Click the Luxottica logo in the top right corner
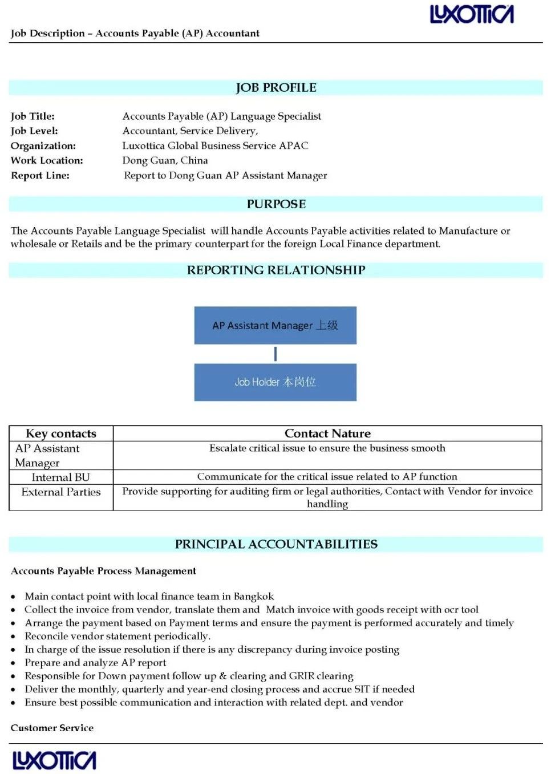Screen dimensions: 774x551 [472, 14]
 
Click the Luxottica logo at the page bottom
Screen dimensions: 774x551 [54, 760]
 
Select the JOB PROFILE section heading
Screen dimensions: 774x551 [276, 88]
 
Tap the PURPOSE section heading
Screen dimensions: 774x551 [276, 204]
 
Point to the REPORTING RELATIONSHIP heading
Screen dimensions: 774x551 [276, 270]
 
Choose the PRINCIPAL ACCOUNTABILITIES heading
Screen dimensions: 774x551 [276, 544]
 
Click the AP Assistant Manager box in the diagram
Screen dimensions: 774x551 [275, 326]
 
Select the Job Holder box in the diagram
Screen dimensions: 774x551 [275, 382]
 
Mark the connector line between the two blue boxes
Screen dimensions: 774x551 [275, 354]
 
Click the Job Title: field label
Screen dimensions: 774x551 [33, 116]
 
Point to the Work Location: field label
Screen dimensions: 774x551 [47, 161]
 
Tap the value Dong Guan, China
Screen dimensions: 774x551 [165, 161]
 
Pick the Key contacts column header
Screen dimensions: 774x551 [61, 433]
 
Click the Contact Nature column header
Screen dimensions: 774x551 [327, 433]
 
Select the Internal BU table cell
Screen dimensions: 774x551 [61, 477]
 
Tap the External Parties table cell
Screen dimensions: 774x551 [61, 492]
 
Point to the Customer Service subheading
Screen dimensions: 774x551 [52, 728]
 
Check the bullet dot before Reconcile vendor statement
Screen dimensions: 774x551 [13, 637]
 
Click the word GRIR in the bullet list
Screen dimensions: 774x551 [302, 676]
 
